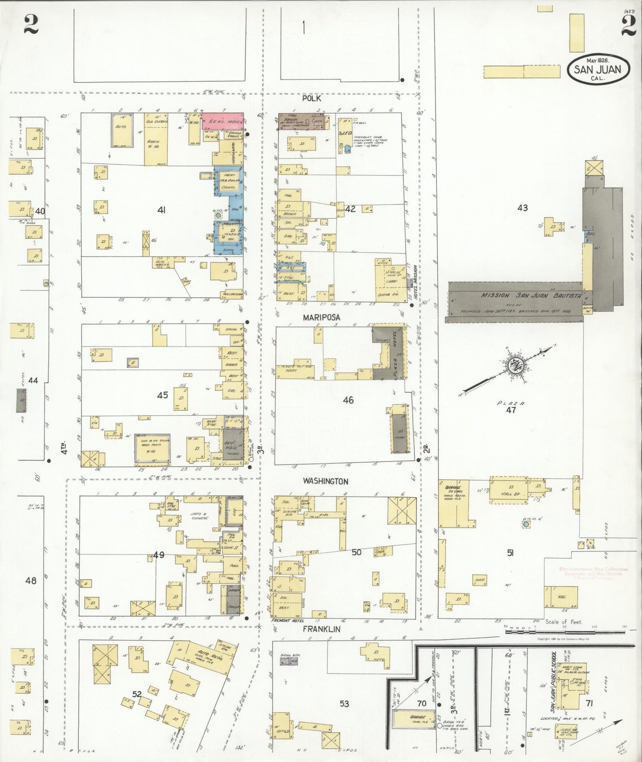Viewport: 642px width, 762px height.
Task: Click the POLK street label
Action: click(x=311, y=98)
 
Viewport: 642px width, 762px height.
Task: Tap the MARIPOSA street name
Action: click(x=322, y=317)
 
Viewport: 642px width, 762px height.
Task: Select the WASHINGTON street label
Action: click(x=326, y=481)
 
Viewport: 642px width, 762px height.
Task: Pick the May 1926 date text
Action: click(x=598, y=60)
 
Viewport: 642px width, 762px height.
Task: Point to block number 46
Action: click(x=348, y=400)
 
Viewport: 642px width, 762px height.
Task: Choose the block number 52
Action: click(x=136, y=694)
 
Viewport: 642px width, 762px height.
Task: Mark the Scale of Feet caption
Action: click(x=564, y=622)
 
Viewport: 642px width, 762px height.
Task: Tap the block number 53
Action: click(x=344, y=704)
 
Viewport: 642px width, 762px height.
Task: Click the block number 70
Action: click(x=421, y=703)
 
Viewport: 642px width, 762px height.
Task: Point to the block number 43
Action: click(x=522, y=207)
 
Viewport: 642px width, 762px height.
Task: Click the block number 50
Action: click(x=356, y=552)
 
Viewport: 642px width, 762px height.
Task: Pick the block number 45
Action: click(x=163, y=395)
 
